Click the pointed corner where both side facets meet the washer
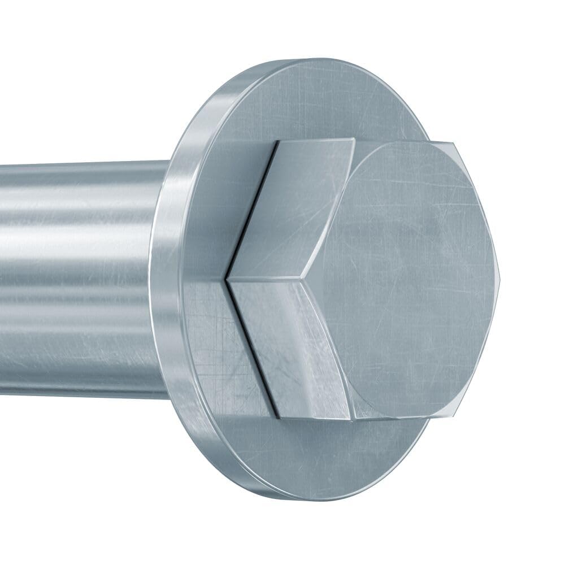[227, 279]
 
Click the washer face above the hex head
[316, 96]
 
